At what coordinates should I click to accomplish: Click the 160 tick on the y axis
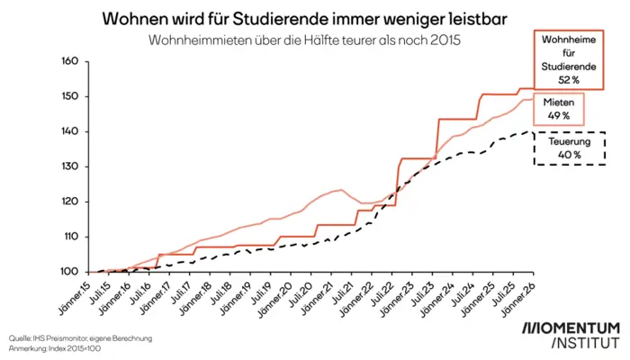[70, 61]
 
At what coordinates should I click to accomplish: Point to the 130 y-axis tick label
[70, 166]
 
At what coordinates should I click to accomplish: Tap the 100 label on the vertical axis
[70, 272]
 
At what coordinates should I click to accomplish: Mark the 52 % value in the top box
[568, 79]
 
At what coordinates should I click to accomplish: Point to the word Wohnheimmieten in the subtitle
[201, 40]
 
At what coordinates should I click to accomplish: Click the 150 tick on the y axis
[70, 96]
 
